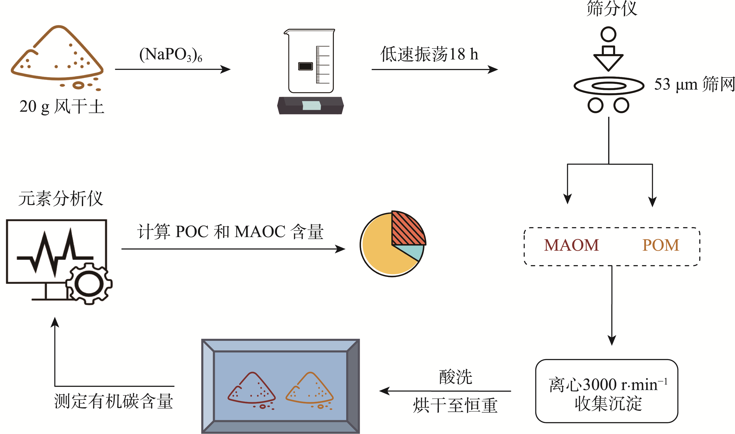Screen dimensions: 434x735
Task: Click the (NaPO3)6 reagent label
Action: pyautogui.click(x=171, y=55)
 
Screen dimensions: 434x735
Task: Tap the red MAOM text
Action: pyautogui.click(x=571, y=245)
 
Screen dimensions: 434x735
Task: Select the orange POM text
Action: pyautogui.click(x=660, y=245)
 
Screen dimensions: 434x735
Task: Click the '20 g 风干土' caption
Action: pyautogui.click(x=62, y=107)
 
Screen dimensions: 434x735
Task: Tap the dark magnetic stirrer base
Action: pyautogui.click(x=310, y=105)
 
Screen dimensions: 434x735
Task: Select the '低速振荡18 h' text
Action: pyautogui.click(x=429, y=54)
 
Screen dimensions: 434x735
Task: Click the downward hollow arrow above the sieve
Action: pyautogui.click(x=608, y=59)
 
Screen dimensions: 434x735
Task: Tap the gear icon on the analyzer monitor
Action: pyautogui.click(x=89, y=284)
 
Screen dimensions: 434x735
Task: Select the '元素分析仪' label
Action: pyautogui.click(x=61, y=199)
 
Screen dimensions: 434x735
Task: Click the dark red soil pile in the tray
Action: pyautogui.click(x=252, y=389)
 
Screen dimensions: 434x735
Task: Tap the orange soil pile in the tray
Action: pyautogui.click(x=309, y=389)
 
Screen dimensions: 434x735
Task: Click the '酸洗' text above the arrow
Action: pyautogui.click(x=456, y=377)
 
